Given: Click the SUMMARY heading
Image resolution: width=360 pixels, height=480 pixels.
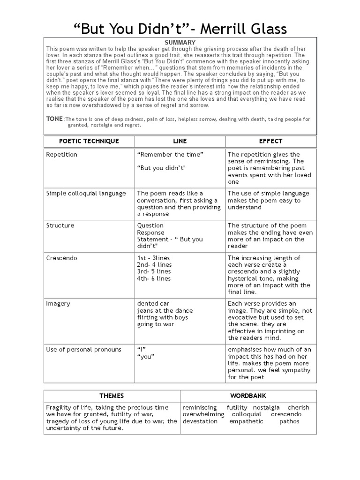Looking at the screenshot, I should coord(180,43).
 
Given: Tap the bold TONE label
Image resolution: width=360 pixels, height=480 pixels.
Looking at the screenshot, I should coord(54,119).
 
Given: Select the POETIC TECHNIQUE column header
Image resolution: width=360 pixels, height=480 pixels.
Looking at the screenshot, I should coord(89,141).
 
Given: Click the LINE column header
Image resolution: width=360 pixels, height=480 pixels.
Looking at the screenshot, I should coord(180,141).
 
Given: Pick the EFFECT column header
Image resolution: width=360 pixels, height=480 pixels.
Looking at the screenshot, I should coord(270,141).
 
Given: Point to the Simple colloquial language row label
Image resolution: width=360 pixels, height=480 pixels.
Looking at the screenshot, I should coord(86,194).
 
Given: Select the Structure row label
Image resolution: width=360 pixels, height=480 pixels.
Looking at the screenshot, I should coord(60,225).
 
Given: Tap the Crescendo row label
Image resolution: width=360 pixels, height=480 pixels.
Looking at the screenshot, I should coord(62,258).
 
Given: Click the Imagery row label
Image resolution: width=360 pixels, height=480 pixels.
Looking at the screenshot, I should coord(58,304).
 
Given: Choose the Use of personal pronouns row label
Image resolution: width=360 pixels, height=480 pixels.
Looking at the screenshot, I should coord(83,349).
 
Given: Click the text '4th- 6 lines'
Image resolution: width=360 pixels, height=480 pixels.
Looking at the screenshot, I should coord(154,278).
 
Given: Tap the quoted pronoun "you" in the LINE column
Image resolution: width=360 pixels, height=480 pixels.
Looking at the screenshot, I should coord(146,357).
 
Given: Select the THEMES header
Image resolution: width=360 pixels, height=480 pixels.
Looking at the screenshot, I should coord(112,396).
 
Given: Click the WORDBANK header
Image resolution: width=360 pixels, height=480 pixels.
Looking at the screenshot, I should coord(248,396).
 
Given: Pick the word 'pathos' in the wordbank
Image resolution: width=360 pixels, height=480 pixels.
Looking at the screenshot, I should coord(289,421).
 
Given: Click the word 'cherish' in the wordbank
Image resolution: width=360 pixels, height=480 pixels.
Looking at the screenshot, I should coord(298,408).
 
